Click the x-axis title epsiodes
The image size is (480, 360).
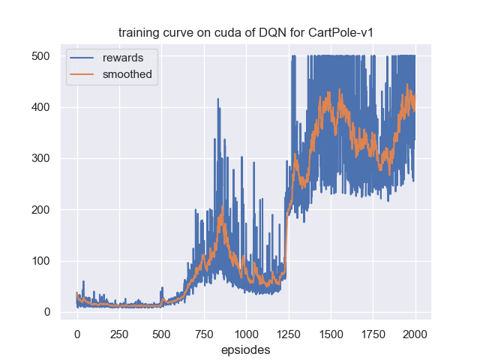[x=246, y=350]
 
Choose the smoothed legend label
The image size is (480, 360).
[x=127, y=74]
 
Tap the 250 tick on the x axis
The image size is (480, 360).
[x=119, y=332]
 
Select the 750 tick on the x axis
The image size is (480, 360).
[x=204, y=332]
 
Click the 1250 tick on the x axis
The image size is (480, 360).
[x=289, y=332]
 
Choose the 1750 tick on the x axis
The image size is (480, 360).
[x=373, y=332]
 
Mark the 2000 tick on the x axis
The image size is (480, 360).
[x=415, y=332]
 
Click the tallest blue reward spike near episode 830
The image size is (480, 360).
[x=218, y=100]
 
